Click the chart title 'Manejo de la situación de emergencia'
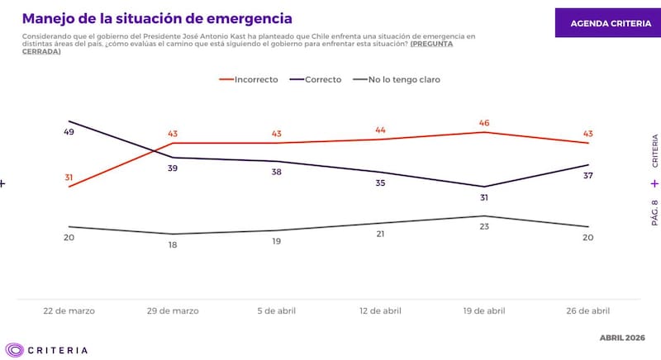(x=156, y=17)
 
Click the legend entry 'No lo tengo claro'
(x=396, y=79)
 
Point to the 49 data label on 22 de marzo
(x=69, y=132)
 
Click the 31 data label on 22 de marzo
(x=69, y=177)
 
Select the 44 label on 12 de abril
(x=381, y=130)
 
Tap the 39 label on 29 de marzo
(x=173, y=168)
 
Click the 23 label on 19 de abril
(x=485, y=227)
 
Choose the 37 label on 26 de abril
(x=588, y=176)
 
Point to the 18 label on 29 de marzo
(x=173, y=245)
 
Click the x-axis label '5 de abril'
(x=277, y=311)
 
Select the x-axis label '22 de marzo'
(x=69, y=311)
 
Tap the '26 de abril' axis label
(x=588, y=311)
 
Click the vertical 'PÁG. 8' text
(x=654, y=212)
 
